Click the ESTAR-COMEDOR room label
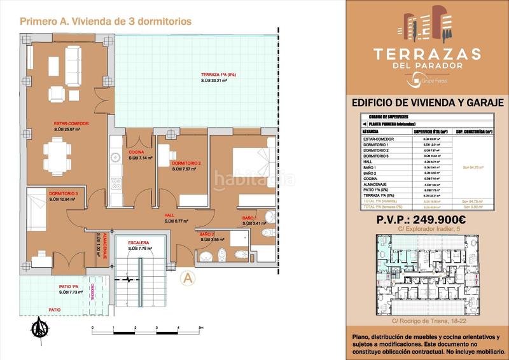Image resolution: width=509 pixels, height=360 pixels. pos(71,124)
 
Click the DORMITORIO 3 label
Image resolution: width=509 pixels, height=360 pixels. pos(62,193)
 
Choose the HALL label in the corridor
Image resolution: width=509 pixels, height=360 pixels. pos(169,216)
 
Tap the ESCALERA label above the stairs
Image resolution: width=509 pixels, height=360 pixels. pos(138,242)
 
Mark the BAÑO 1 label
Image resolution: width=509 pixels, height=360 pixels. pos(249,218)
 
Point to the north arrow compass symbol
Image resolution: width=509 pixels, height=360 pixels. pos(40,328)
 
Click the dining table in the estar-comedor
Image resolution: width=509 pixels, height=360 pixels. pos(56,155)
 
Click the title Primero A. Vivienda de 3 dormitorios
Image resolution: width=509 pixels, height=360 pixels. pos(106,21)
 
